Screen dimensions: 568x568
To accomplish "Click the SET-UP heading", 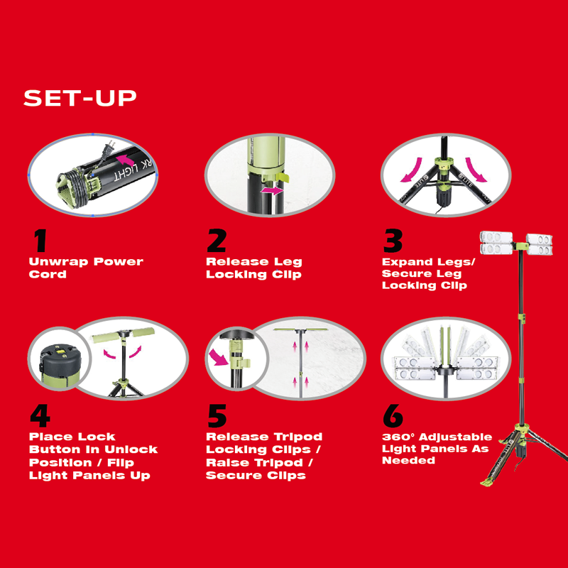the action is (x=80, y=98).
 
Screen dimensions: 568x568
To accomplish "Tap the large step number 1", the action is (x=40, y=241).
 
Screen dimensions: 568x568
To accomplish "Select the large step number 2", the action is (x=217, y=241).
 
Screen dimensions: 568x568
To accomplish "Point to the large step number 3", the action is (x=393, y=241).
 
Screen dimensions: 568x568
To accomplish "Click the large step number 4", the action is (x=40, y=416).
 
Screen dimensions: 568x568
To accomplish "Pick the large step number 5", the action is (x=217, y=416).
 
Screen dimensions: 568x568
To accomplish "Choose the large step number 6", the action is (x=393, y=416).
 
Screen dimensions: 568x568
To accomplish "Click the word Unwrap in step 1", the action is (x=59, y=261).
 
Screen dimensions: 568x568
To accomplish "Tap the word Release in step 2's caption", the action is (x=237, y=261).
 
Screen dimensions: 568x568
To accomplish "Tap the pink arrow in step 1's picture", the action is (x=125, y=160).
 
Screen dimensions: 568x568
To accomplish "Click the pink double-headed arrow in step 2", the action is (x=273, y=190).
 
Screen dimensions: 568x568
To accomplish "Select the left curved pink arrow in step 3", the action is (x=413, y=170).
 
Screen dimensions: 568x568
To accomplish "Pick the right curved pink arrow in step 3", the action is (x=476, y=170).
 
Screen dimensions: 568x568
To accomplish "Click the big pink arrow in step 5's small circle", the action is (x=218, y=357).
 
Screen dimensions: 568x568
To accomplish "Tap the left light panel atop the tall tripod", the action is (x=496, y=243).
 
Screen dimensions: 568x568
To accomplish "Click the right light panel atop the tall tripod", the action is (x=540, y=244).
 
